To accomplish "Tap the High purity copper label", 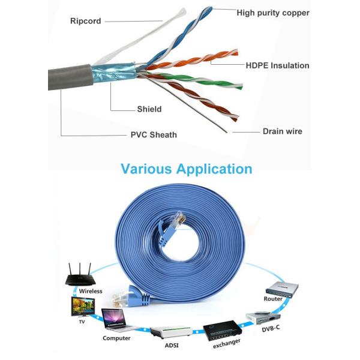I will [272, 13].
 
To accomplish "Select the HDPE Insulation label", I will [277, 65].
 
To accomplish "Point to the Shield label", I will [149, 109].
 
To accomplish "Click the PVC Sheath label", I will [154, 134].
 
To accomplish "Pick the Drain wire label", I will [283, 131].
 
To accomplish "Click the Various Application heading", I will [187, 169].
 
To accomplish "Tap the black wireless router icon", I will [80, 276].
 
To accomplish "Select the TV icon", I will [82, 307].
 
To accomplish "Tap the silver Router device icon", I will [284, 289].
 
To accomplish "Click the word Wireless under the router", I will [91, 292].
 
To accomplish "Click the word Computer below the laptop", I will [117, 338].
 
